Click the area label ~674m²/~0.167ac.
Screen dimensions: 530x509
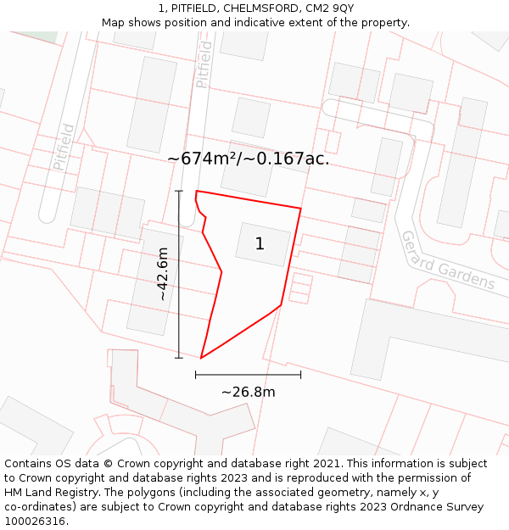(x=248, y=159)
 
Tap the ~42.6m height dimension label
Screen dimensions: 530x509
(x=163, y=273)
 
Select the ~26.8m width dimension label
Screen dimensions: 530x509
(x=248, y=392)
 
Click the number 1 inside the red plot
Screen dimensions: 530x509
(x=260, y=244)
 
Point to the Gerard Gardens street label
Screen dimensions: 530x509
(x=447, y=260)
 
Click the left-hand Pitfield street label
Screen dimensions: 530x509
(x=64, y=147)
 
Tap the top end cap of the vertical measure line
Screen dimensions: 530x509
(x=178, y=192)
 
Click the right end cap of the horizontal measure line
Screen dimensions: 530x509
(x=300, y=374)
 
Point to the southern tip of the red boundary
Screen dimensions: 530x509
(x=201, y=358)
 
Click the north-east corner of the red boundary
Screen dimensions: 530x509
(x=300, y=208)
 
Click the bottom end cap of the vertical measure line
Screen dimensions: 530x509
(x=178, y=358)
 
